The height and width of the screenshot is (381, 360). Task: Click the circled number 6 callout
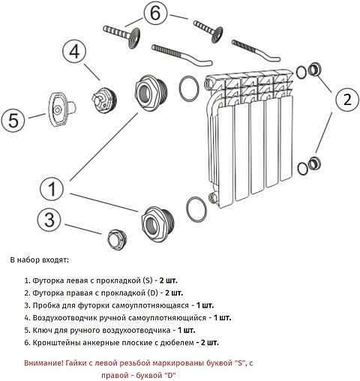(155, 13)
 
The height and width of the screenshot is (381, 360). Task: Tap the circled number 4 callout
(74, 52)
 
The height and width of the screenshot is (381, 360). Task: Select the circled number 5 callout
(13, 120)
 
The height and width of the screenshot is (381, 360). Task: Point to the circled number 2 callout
(347, 99)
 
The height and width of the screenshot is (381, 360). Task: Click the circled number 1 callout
(52, 188)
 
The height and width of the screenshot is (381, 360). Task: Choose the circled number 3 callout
(49, 220)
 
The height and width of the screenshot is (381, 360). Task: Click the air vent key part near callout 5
(61, 109)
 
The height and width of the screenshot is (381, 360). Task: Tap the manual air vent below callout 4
(103, 100)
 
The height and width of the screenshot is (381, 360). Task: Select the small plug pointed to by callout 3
(117, 240)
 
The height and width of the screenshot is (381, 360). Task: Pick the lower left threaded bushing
(157, 224)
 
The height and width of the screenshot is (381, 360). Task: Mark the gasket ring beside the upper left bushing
(189, 88)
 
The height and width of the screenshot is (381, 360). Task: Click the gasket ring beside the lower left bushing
(196, 209)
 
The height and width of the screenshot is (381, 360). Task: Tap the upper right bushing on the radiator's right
(314, 70)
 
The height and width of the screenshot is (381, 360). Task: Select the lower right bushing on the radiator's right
(314, 163)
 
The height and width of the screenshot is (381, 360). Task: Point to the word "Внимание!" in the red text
(44, 363)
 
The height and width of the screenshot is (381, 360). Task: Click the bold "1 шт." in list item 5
(187, 330)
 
